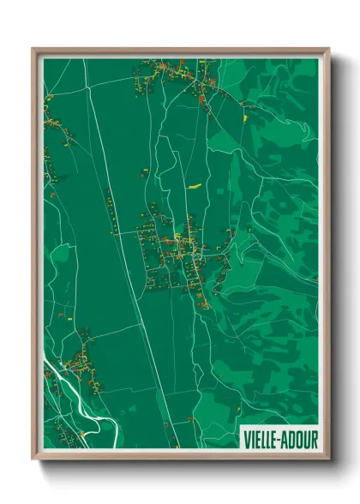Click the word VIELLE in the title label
click(261, 440)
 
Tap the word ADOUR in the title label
click(299, 440)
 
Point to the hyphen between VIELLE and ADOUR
click(279, 440)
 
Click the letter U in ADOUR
click(304, 440)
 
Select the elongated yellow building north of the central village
click(195, 183)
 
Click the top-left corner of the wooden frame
click(33, 49)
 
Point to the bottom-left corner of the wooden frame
click(33, 459)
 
